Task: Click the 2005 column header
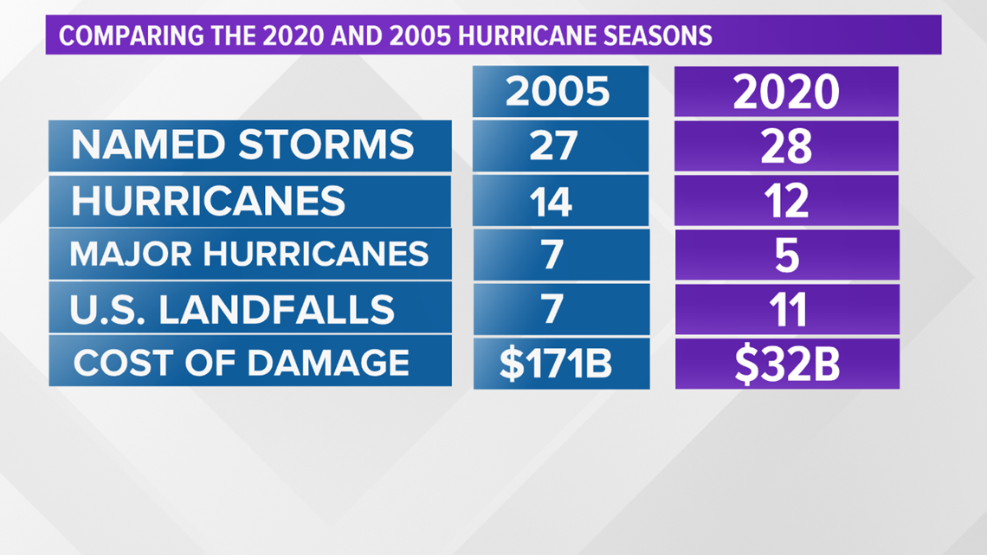[560, 92]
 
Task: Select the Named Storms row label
[243, 145]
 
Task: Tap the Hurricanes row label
[209, 201]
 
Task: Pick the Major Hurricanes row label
[249, 255]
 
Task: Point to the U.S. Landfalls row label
[233, 309]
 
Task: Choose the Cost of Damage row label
[242, 362]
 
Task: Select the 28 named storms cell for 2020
[786, 147]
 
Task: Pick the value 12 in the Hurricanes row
[786, 202]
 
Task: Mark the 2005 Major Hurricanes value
[552, 255]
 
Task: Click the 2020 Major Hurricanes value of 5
[786, 255]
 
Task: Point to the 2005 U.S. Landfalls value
[552, 309]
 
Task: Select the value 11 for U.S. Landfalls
[786, 310]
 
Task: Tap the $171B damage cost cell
[556, 364]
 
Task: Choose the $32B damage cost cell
[786, 365]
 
